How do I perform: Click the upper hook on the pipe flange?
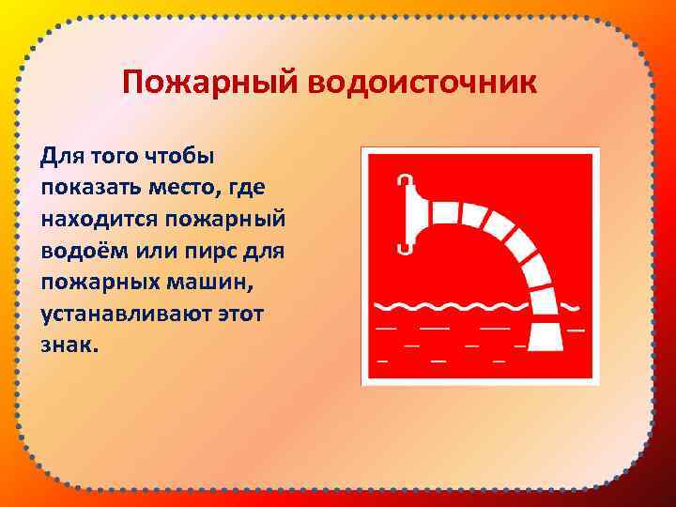(x=405, y=180)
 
